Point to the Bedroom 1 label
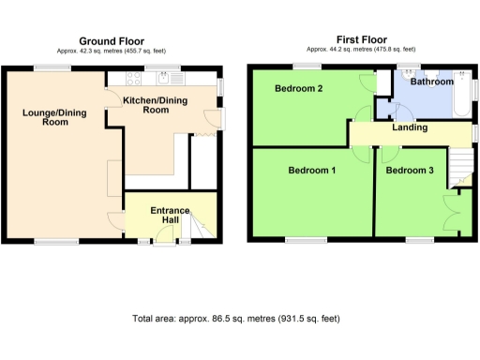pos(312,171)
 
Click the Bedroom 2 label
pos(299,89)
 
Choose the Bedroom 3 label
pos(410,171)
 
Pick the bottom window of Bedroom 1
pos(306,241)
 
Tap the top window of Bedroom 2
pos(306,67)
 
